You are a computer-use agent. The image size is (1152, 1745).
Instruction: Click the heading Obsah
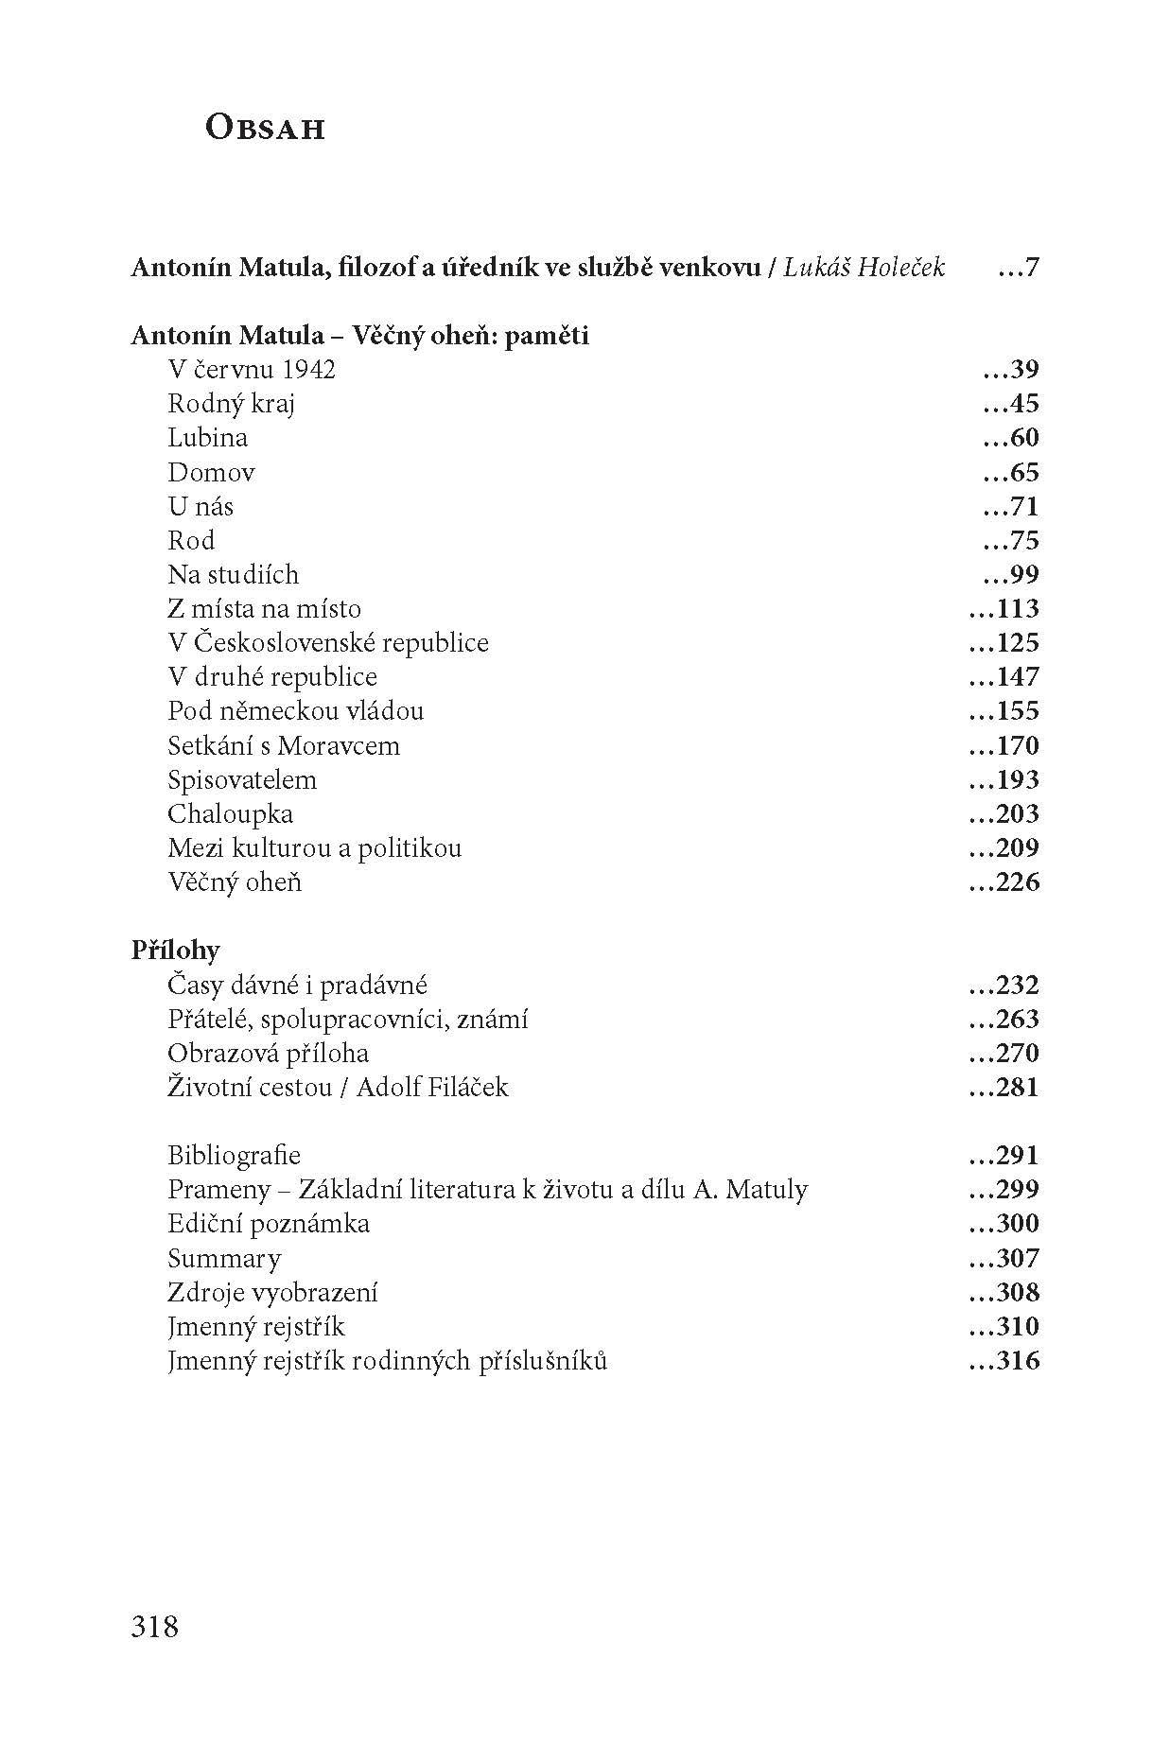pyautogui.click(x=265, y=128)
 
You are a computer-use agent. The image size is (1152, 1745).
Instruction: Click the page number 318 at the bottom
pyautogui.click(x=155, y=1627)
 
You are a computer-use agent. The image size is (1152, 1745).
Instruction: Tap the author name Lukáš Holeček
pyautogui.click(x=864, y=268)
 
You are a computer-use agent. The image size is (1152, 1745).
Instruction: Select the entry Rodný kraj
pyautogui.click(x=232, y=404)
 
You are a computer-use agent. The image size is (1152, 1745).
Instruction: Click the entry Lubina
pyautogui.click(x=207, y=438)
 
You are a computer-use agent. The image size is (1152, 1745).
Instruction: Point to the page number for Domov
pyautogui.click(x=1011, y=472)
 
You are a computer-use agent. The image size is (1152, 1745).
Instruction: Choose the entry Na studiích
pyautogui.click(x=233, y=574)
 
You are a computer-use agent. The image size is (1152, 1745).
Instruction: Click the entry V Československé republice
pyautogui.click(x=328, y=642)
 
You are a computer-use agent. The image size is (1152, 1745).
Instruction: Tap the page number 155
pyautogui.click(x=1004, y=711)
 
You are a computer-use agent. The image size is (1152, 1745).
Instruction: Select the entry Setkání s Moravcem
pyautogui.click(x=284, y=745)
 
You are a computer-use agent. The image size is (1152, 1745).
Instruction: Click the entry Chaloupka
pyautogui.click(x=230, y=813)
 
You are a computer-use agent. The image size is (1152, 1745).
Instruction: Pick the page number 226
pyautogui.click(x=1004, y=882)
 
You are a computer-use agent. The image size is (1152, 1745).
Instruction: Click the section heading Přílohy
pyautogui.click(x=175, y=950)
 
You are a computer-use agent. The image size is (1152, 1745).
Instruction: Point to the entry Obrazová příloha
pyautogui.click(x=268, y=1053)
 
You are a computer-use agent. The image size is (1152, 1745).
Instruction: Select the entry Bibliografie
pyautogui.click(x=234, y=1155)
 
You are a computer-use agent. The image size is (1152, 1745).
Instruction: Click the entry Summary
pyautogui.click(x=224, y=1258)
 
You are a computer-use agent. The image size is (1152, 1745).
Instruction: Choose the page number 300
pyautogui.click(x=1004, y=1224)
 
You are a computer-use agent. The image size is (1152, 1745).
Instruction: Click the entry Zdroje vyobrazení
pyautogui.click(x=272, y=1292)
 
